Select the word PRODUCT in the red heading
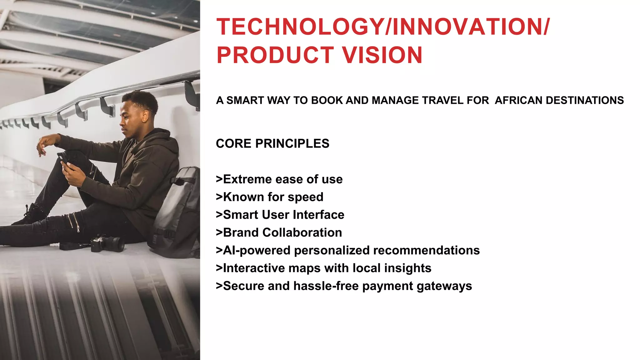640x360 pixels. pyautogui.click(x=275, y=55)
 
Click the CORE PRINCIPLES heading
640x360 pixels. pyautogui.click(x=272, y=143)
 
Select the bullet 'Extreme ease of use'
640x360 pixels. pyautogui.click(x=279, y=179)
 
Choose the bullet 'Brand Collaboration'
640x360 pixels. pyautogui.click(x=279, y=233)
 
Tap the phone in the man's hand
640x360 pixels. pyautogui.click(x=62, y=158)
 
